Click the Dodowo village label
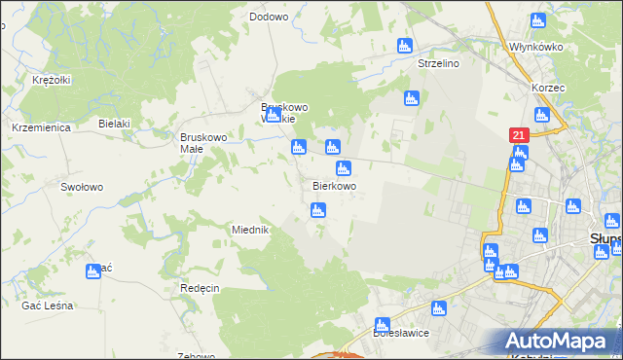pyautogui.click(x=269, y=17)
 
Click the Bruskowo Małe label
pyautogui.click(x=203, y=143)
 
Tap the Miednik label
pyautogui.click(x=249, y=230)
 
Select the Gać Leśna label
pyautogui.click(x=47, y=306)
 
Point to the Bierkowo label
pyautogui.click(x=334, y=186)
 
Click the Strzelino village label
pyautogui.click(x=438, y=63)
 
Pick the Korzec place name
pyautogui.click(x=548, y=88)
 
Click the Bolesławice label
pyautogui.click(x=402, y=333)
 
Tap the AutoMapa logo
pyautogui.click(x=559, y=341)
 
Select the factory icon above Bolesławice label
pyautogui.click(x=383, y=324)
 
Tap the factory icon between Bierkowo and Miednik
pyautogui.click(x=317, y=210)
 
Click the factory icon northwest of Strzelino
pyautogui.click(x=406, y=45)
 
